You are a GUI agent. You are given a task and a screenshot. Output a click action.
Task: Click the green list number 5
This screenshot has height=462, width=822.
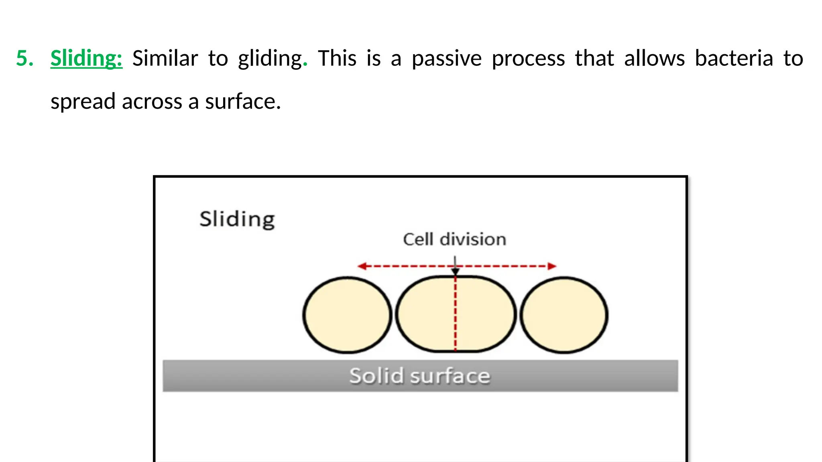[x=24, y=58]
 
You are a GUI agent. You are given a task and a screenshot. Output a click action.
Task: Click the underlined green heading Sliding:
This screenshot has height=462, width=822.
[x=86, y=59]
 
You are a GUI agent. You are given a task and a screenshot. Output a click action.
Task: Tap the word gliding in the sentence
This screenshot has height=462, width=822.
[x=270, y=59]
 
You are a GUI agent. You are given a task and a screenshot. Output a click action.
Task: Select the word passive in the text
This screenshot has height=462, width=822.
[x=446, y=59]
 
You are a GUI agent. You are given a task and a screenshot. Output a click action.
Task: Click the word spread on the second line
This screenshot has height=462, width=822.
[x=83, y=102]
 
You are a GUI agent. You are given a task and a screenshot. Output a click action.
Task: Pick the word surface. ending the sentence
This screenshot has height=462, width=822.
[x=243, y=101]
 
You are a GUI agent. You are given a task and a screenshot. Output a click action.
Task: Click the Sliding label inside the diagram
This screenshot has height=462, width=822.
[x=237, y=219]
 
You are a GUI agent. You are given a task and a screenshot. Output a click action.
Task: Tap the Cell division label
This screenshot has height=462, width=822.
[x=454, y=239]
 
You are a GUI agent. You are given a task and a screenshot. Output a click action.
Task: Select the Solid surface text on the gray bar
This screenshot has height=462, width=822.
[x=420, y=376]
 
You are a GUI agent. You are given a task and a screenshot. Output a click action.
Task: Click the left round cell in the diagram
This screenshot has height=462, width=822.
[x=347, y=315]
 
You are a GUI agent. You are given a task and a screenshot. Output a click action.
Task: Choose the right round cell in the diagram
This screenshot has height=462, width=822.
[x=564, y=315]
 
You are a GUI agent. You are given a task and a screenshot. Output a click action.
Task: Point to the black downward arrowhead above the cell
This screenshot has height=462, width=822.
[x=455, y=272]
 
